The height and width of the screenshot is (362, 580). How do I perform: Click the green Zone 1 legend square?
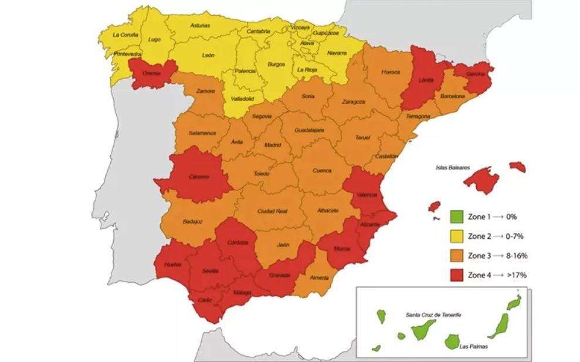[457, 216]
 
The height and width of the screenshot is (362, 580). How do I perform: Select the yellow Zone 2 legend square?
[457, 236]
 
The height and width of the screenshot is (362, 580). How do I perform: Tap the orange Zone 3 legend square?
[457, 255]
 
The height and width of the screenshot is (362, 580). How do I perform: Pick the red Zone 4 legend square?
[457, 275]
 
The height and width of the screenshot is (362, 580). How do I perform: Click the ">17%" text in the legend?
[516, 275]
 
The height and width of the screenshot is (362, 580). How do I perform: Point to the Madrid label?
[273, 145]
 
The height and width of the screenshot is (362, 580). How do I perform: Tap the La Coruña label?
[125, 35]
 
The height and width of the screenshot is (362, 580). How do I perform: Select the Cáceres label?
[199, 176]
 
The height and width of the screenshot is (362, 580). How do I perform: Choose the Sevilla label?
[210, 270]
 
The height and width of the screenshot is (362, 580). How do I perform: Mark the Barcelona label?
[452, 96]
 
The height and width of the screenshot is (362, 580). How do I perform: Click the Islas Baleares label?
[452, 167]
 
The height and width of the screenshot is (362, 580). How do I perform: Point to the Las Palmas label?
[474, 346]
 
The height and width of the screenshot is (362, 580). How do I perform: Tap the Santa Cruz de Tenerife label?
[433, 315]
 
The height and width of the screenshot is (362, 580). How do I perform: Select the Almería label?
[319, 278]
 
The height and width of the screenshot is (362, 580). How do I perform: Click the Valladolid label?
[242, 99]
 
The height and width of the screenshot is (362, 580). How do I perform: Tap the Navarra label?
[336, 53]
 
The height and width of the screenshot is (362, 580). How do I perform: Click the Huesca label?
[391, 72]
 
